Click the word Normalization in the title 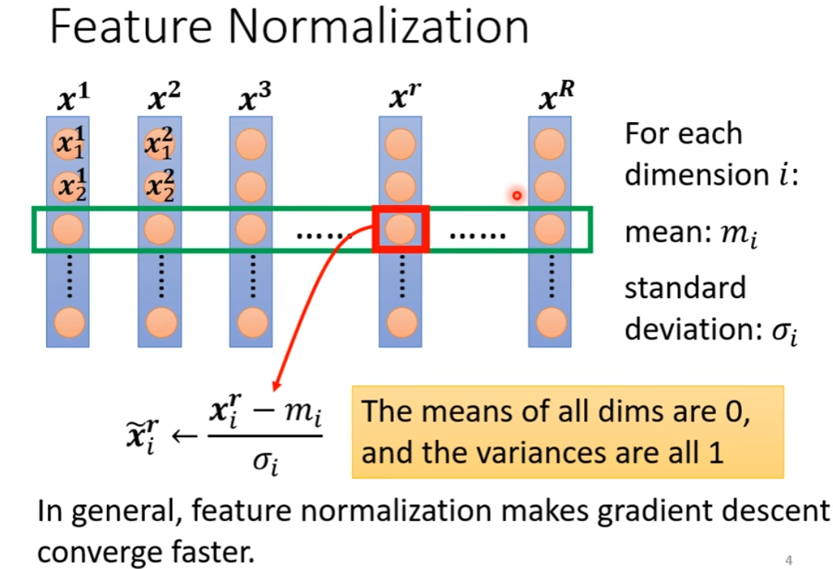coord(377,28)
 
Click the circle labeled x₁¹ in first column coord(68,144)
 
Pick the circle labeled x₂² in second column coord(159,185)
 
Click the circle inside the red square coord(401,228)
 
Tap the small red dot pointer coord(517,196)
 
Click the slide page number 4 coord(789,561)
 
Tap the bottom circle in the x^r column coord(401,322)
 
